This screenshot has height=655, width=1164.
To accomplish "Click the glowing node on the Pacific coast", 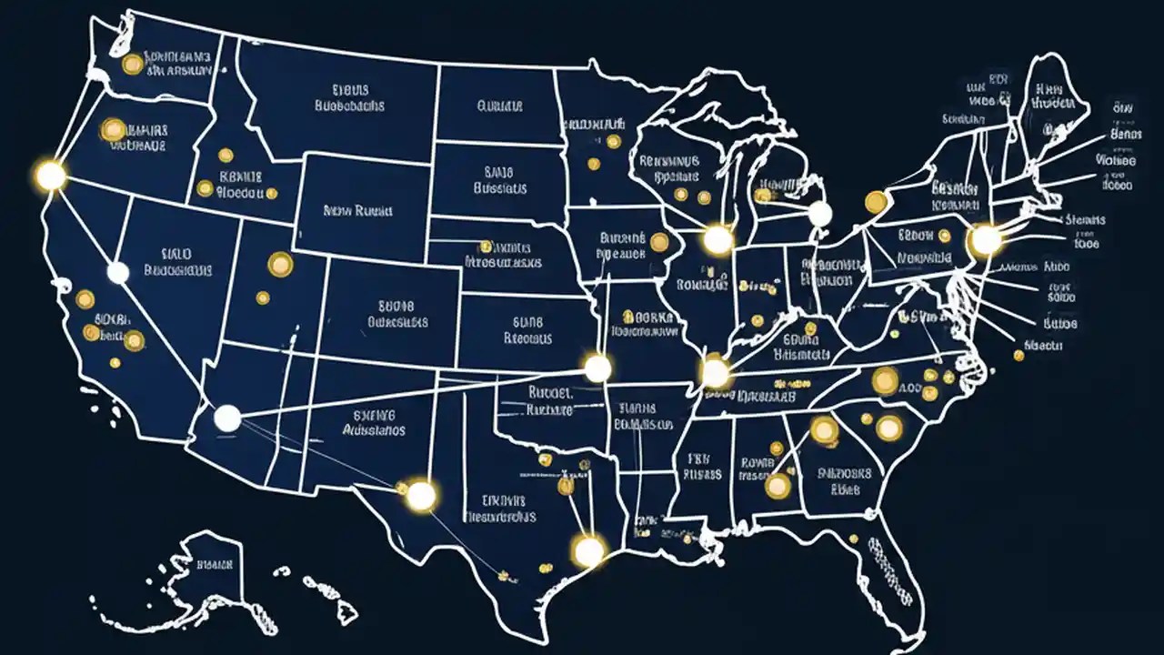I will click(51, 175).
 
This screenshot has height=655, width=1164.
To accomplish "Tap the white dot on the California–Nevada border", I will click(117, 272).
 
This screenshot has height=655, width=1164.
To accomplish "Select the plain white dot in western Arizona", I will click(227, 418).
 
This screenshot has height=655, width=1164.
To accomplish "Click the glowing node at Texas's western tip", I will click(421, 496).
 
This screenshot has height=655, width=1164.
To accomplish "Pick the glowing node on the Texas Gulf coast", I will click(588, 549).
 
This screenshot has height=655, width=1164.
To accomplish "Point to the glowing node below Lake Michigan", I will click(717, 240).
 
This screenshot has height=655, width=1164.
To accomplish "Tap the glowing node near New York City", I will click(986, 240).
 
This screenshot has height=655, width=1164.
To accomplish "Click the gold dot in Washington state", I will click(133, 64).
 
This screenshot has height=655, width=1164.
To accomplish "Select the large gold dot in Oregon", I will click(114, 130).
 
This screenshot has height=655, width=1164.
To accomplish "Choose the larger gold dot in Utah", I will click(280, 264).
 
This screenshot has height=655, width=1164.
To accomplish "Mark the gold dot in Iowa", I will click(658, 241).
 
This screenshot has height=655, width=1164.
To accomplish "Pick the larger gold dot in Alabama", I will click(778, 486).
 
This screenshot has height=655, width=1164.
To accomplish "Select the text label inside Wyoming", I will click(357, 210).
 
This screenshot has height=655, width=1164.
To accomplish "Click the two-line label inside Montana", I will click(349, 98).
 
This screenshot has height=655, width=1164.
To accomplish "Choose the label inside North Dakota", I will click(499, 106).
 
